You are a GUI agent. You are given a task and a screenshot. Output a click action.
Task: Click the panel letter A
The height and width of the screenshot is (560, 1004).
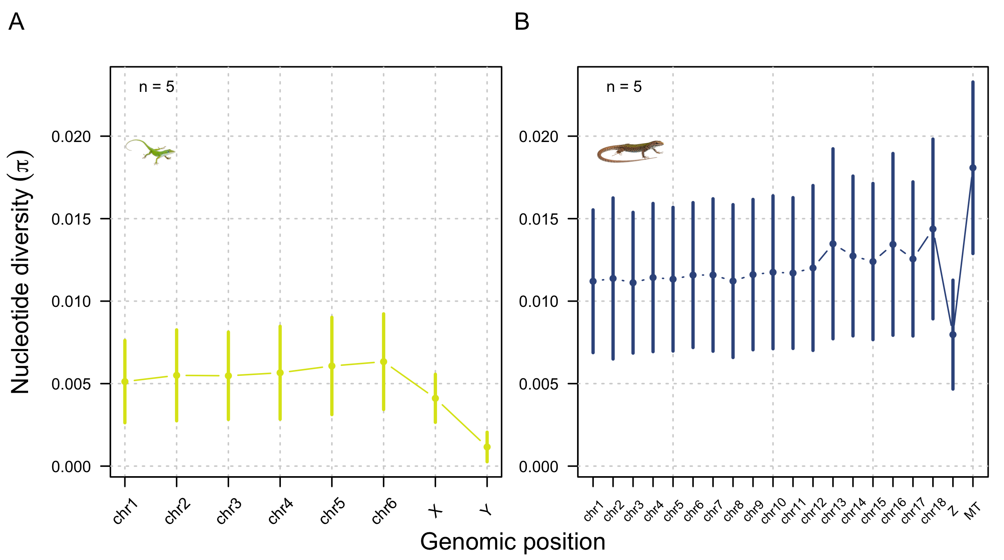pos(16,22)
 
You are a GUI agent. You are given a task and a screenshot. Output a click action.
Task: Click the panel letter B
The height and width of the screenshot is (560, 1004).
pos(522,22)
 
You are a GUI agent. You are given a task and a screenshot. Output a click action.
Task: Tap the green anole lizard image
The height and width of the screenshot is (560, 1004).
pos(150,152)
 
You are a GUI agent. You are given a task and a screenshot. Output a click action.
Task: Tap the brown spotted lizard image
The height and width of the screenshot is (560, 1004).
pos(630,152)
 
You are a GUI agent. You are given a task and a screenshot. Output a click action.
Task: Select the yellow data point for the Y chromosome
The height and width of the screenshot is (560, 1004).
pos(487,447)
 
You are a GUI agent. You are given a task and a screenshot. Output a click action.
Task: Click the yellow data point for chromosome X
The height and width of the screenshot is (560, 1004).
pos(435,398)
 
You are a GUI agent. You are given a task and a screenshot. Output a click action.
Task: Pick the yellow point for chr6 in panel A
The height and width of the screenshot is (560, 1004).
pos(384,362)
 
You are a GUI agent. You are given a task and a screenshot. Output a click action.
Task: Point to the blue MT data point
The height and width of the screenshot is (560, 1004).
pos(973,168)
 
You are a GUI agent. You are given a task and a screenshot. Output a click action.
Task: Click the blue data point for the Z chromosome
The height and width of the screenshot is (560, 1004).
pos(953,335)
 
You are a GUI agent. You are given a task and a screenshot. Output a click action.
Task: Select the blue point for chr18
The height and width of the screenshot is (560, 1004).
pos(933,229)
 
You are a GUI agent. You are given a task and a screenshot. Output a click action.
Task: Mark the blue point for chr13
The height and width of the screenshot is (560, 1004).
pos(833,244)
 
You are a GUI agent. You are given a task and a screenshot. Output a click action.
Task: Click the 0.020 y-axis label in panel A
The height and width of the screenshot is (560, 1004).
pos(71,137)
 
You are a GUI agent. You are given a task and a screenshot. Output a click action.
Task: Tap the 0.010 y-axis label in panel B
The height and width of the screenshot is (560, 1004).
pos(539,302)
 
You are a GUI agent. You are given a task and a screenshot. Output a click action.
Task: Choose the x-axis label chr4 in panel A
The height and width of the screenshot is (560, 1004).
pos(281,511)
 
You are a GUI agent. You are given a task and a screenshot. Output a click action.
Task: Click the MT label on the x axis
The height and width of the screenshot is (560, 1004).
pos(973,511)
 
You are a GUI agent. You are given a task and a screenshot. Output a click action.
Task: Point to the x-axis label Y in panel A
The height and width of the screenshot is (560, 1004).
pos(486,510)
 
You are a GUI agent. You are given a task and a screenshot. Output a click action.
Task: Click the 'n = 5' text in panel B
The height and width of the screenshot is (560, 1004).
pos(624,87)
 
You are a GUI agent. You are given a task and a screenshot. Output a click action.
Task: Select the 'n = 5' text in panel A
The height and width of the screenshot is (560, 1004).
pos(156,87)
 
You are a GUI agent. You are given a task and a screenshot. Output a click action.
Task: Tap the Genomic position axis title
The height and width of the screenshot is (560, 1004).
pos(512,542)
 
